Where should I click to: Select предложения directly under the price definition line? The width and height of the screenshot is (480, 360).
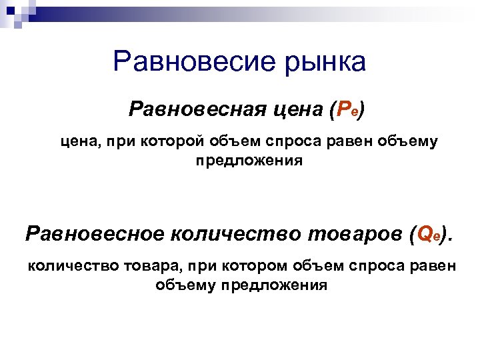click(249, 161)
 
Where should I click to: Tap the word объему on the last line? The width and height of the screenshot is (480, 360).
click(185, 285)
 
